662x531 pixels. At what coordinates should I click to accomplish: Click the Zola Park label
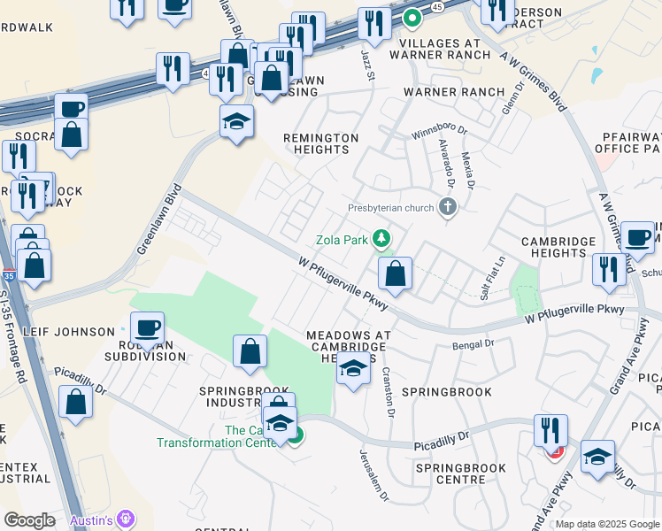pos(343,240)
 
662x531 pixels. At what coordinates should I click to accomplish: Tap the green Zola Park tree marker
pos(381,238)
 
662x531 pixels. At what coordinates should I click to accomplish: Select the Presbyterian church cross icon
pos(449,208)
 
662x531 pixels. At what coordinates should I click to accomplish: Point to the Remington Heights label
pos(320,143)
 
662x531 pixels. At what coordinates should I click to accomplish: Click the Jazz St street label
pos(369,65)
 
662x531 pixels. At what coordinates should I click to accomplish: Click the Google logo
pos(29,520)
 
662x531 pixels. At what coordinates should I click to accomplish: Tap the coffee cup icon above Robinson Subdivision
pos(148,329)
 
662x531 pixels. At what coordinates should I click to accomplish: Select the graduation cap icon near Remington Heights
pos(237,122)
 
